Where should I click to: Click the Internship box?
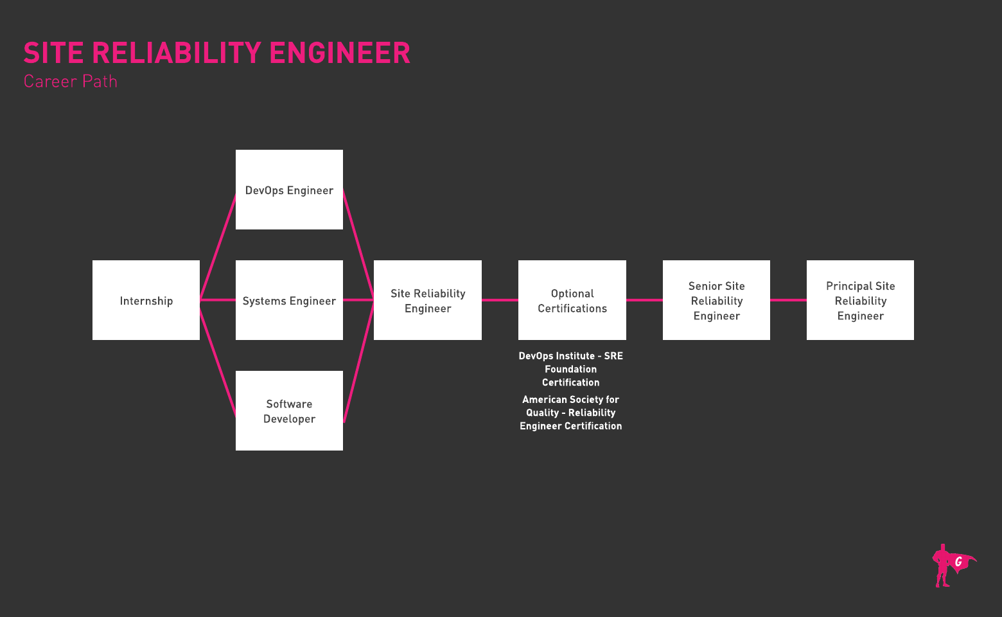point(146,300)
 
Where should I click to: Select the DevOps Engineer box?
point(289,190)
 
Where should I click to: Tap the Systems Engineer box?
point(289,300)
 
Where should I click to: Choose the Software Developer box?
point(289,411)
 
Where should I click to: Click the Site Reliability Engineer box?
point(428,300)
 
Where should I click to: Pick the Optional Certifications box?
point(572,300)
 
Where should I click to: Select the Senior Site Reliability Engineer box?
point(716,300)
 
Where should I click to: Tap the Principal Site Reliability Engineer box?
point(860,300)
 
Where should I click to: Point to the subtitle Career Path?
point(71,82)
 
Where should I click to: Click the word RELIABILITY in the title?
point(177,53)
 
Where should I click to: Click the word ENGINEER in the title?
point(340,53)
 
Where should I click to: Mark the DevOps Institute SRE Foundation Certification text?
point(570,369)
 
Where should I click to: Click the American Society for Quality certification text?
point(570,413)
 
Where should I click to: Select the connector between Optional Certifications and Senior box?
point(644,300)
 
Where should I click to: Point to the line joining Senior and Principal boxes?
point(788,300)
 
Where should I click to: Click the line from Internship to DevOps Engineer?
point(218,246)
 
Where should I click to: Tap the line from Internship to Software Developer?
point(218,364)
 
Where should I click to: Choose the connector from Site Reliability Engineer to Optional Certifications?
point(500,300)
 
